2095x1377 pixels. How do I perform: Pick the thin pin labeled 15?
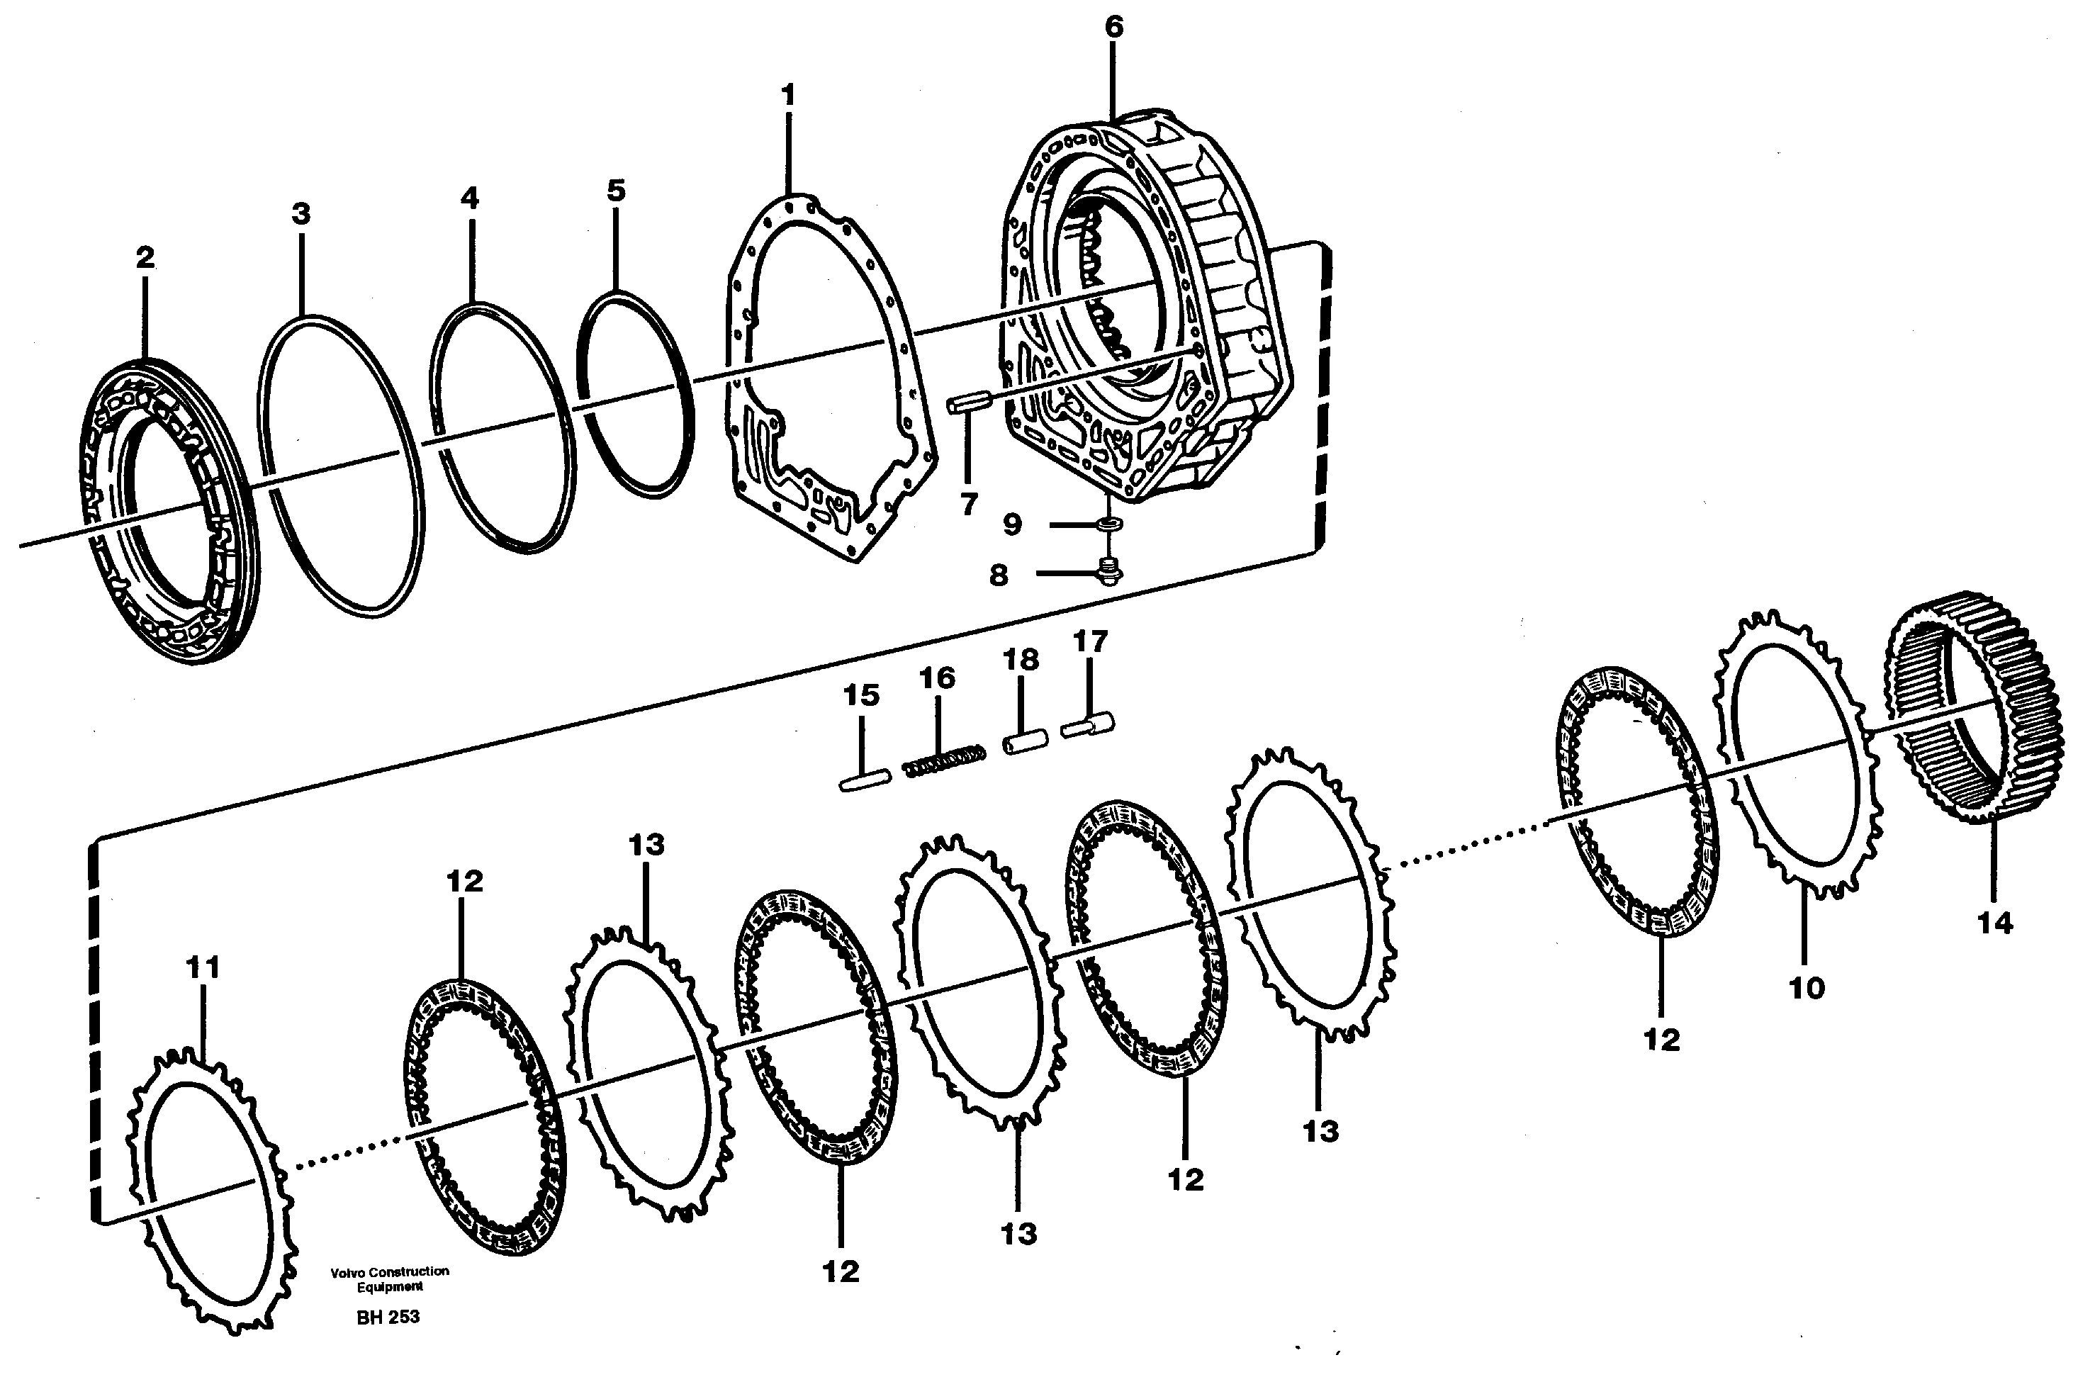865,780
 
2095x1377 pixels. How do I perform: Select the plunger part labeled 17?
1088,726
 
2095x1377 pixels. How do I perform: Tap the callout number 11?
203,967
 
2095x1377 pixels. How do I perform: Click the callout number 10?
1807,988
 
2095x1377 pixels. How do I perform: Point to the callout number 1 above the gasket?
788,94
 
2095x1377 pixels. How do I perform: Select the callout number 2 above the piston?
145,257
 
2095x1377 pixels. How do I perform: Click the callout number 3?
301,213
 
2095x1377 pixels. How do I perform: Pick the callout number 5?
616,190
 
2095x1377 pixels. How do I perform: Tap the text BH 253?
388,1317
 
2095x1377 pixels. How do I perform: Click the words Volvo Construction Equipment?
390,1278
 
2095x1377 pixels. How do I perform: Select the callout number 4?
470,198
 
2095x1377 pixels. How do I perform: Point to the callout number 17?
1090,642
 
